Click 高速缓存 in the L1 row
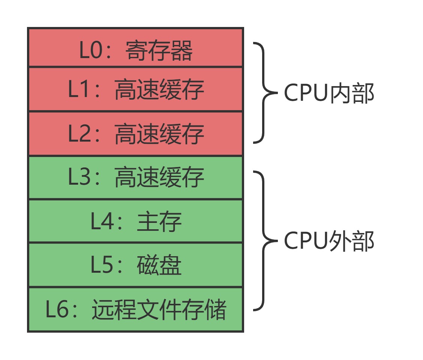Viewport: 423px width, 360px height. [x=159, y=90]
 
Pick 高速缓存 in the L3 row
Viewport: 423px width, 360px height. [x=159, y=177]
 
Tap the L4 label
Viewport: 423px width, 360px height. [x=101, y=221]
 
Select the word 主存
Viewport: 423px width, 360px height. [x=159, y=221]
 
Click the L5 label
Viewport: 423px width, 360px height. [x=101, y=265]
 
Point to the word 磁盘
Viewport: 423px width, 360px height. [x=159, y=265]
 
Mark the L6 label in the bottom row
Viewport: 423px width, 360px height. [x=57, y=310]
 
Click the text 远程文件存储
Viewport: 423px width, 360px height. [x=159, y=310]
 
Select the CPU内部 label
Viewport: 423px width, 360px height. [x=329, y=93]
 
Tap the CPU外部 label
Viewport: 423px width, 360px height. [x=329, y=241]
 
